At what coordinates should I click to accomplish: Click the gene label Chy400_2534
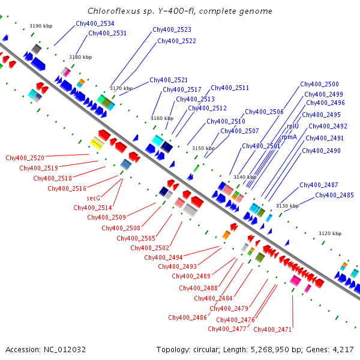point(95,23)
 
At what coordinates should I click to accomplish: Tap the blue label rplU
point(292,127)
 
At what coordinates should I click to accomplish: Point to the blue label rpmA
point(289,137)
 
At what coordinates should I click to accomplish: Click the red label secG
point(93,197)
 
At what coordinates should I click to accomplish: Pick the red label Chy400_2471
point(272,329)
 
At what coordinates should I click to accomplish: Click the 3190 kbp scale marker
point(41,26)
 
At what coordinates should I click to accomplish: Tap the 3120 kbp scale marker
point(329,233)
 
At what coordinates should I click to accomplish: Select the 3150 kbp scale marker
point(203,148)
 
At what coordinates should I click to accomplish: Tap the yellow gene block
point(96,143)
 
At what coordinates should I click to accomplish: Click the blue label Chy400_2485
point(334,195)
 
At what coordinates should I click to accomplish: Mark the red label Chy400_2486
point(187,317)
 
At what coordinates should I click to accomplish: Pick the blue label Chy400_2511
point(230,88)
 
